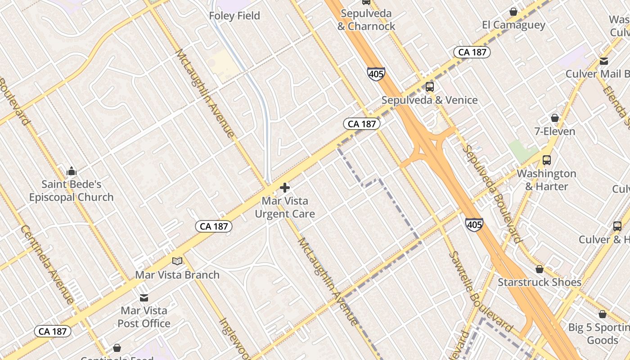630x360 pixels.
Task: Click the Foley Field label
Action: (234, 16)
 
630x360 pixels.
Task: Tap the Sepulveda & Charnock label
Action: (366, 20)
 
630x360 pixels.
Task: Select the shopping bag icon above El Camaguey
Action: (513, 12)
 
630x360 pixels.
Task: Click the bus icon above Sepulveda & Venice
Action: (429, 86)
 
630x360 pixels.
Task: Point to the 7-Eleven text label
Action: (554, 131)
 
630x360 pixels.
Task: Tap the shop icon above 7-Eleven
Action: (554, 118)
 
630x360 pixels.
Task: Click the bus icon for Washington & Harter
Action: (546, 160)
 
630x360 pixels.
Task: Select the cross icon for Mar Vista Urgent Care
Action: (285, 188)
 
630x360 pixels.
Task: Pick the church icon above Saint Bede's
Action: (71, 171)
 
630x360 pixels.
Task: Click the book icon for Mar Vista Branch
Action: (177, 261)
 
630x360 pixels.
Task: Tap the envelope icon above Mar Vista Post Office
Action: (144, 297)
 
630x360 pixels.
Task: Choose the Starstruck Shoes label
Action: (539, 283)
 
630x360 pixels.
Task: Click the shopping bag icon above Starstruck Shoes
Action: (539, 269)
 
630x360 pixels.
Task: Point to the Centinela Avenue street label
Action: (47, 264)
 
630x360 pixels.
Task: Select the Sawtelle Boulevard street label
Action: (481, 290)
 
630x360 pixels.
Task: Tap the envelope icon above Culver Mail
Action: (603, 61)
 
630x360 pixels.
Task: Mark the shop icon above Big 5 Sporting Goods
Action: (602, 314)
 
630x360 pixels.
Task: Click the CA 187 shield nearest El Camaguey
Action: (472, 52)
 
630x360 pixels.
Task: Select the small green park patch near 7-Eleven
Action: (523, 151)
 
